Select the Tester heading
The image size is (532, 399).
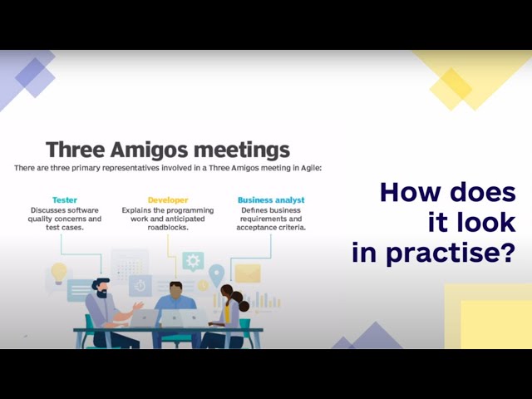tap(65, 199)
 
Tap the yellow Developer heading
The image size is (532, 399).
tap(168, 199)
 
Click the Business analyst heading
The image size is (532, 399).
tap(271, 199)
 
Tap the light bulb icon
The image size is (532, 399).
tap(59, 273)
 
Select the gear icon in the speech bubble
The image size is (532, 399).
tap(194, 261)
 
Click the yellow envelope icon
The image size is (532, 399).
tap(248, 273)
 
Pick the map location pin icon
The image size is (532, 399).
tap(217, 273)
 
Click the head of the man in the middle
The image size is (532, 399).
tap(176, 290)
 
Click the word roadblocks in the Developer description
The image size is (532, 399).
tap(168, 227)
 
